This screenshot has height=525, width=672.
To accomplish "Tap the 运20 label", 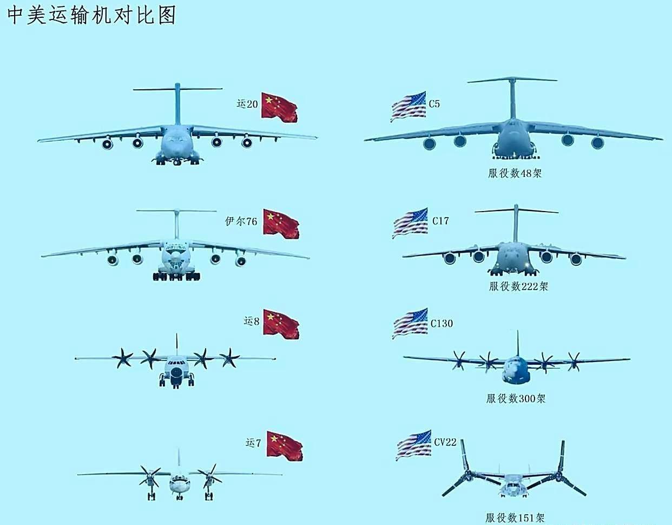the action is (247, 104).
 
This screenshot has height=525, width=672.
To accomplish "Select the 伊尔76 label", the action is (241, 221).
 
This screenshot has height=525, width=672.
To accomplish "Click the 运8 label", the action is (252, 321).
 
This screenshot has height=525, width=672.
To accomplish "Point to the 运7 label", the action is (253, 443).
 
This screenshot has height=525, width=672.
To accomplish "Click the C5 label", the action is (434, 103).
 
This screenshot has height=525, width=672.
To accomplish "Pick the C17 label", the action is (440, 221).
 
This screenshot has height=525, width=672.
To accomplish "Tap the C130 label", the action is (442, 323).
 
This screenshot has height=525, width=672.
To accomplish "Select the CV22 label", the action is (445, 442).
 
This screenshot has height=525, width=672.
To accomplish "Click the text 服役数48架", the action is (515, 174).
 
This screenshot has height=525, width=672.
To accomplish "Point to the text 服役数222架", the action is (518, 286).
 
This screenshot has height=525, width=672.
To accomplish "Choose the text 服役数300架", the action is (516, 399).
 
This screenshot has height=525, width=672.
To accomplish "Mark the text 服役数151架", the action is (514, 518).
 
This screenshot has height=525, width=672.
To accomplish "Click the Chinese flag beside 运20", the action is (279, 106).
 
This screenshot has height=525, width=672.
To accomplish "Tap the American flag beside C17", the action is (410, 223).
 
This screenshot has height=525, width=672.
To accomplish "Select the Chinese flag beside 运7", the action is (284, 445).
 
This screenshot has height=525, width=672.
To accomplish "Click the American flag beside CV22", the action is (414, 445).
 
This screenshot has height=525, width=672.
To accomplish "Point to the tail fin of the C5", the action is (511, 97).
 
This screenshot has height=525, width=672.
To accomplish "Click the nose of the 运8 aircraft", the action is (176, 373).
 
